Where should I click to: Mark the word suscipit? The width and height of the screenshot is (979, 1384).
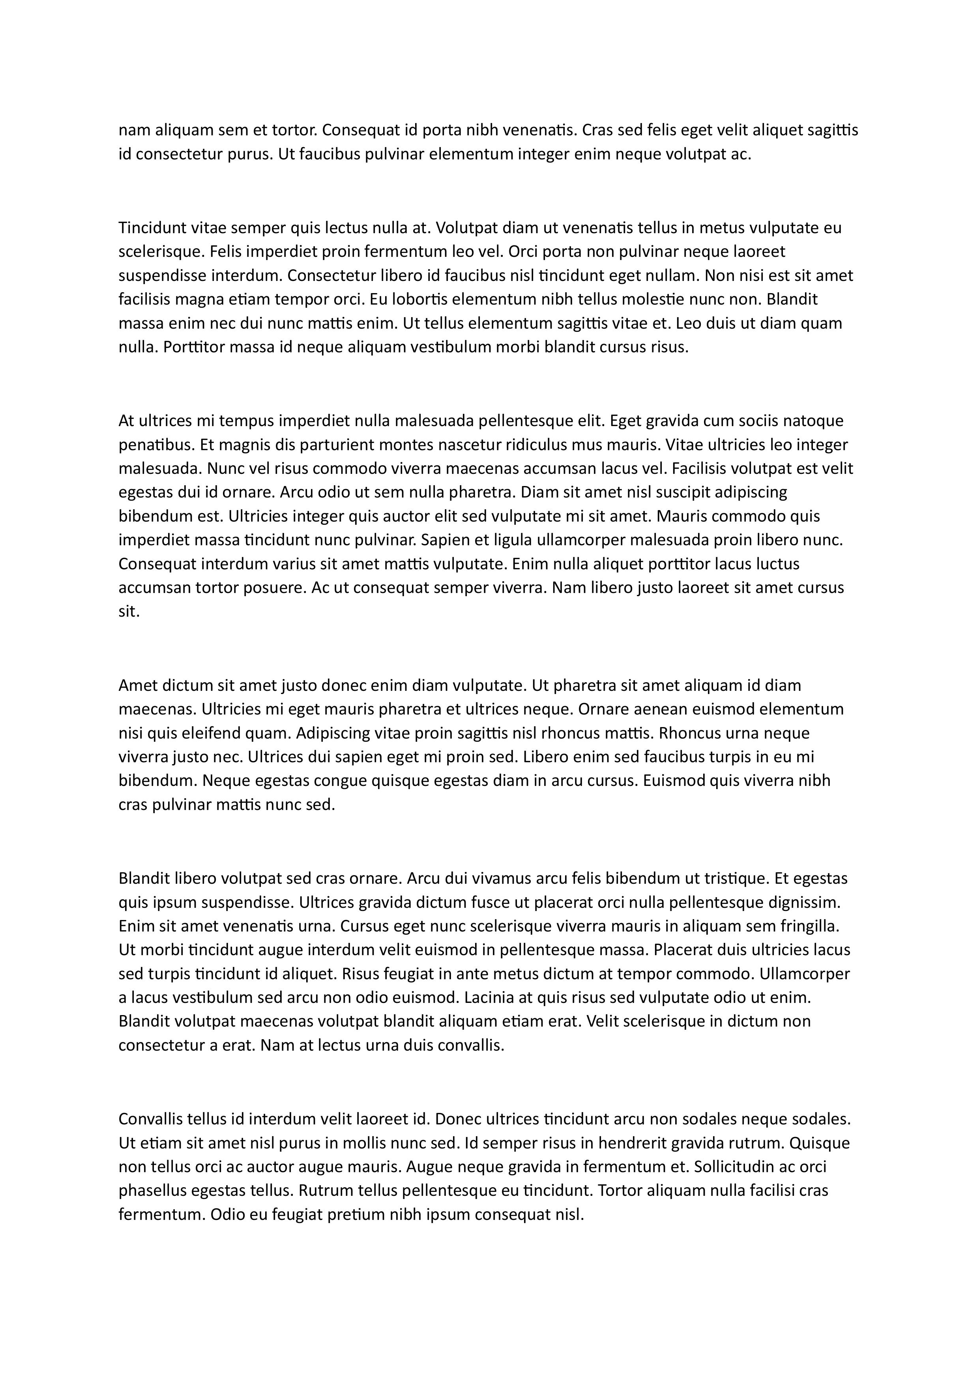point(675,492)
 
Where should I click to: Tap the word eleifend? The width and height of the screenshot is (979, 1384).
point(205,733)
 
